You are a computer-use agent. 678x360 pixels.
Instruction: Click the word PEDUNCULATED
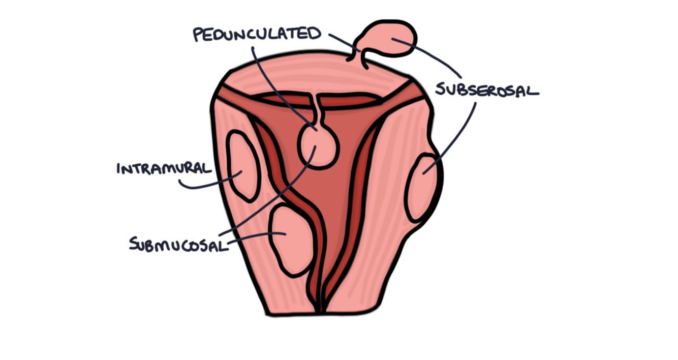[257, 34]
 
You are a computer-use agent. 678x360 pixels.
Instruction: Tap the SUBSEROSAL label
[486, 91]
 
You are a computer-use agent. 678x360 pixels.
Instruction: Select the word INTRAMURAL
[164, 168]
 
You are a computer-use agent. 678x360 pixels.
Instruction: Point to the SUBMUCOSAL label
[177, 244]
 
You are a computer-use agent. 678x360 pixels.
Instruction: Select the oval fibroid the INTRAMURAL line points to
[243, 165]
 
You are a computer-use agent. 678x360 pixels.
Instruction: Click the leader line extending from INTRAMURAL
[208, 185]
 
